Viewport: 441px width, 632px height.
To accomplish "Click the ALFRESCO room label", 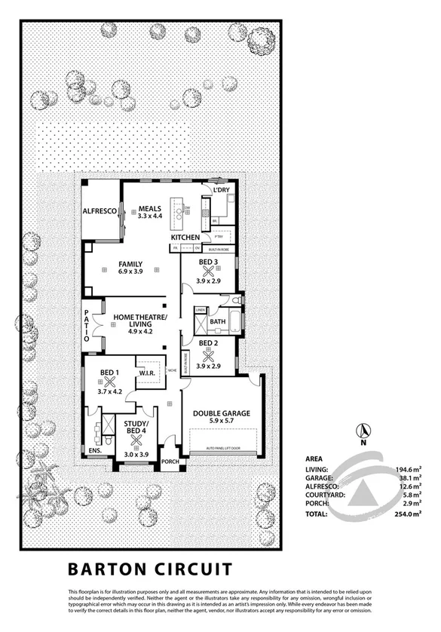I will tap(100, 212).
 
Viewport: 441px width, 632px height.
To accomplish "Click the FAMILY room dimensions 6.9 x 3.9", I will tap(130, 273).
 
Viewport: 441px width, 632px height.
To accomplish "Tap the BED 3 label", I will tap(208, 262).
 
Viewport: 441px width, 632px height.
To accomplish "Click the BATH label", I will tap(218, 321).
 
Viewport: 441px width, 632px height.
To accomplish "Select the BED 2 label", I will tap(208, 344).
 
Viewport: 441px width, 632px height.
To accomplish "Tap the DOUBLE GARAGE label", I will tap(222, 413).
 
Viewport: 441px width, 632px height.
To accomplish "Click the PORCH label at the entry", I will tap(170, 462).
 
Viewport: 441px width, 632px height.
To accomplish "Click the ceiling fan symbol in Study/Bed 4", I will tap(136, 440).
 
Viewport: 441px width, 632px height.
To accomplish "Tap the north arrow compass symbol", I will tap(363, 431).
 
